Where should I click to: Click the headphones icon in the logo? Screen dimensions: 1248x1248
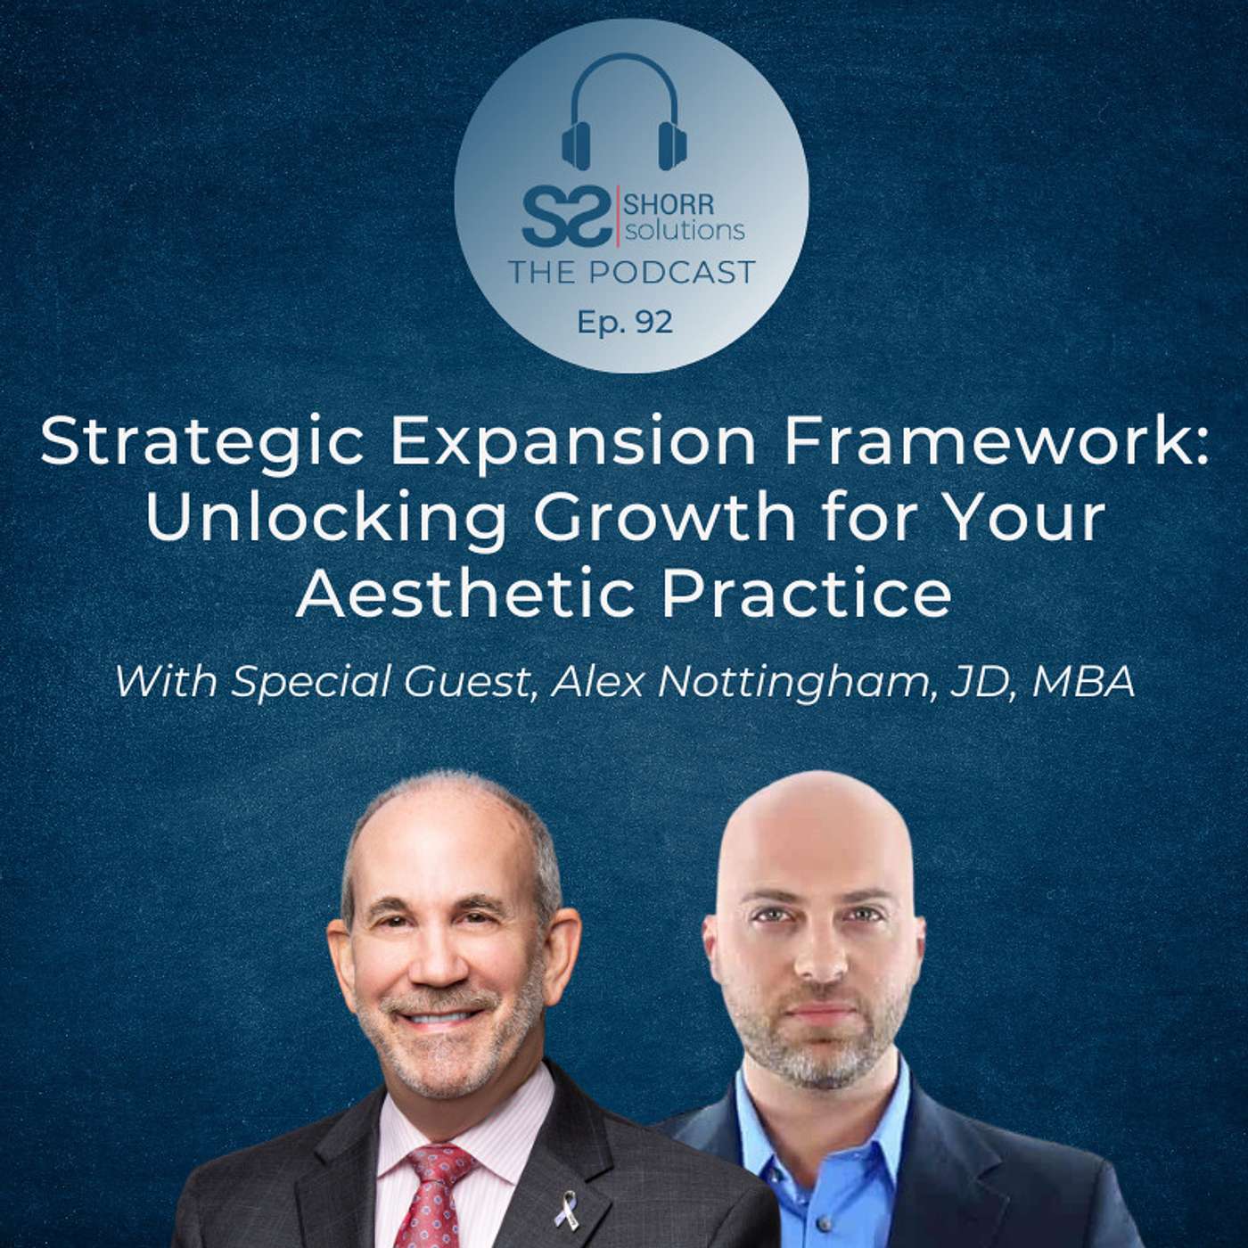620,112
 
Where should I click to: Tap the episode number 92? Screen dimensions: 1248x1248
654,323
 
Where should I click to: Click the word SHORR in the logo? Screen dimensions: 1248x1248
669,207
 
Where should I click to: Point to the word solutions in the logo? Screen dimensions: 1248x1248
684,231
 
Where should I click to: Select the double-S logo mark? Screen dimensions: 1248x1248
567,217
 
